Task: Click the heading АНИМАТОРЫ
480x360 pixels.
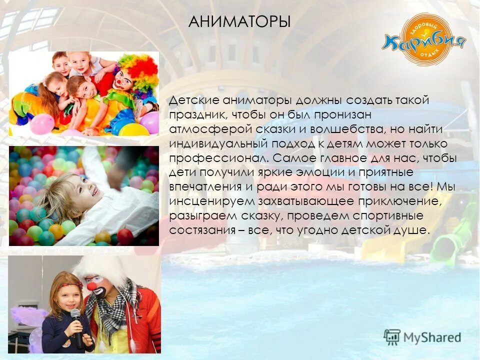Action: click(x=240, y=22)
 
